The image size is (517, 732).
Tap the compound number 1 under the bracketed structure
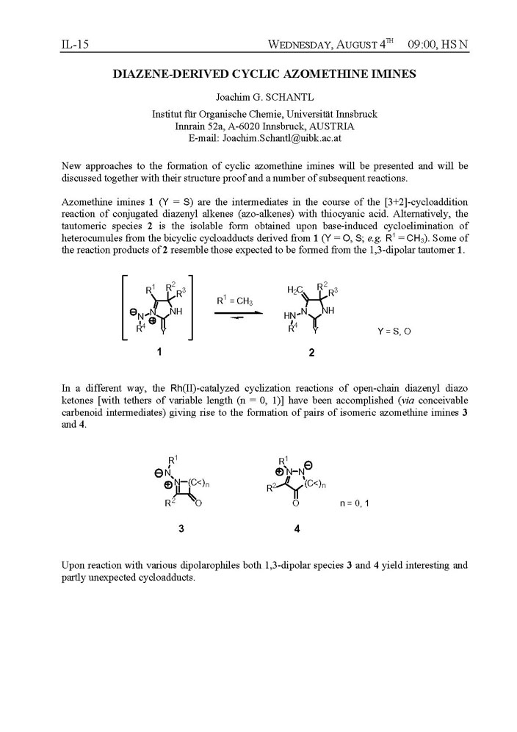pyautogui.click(x=159, y=351)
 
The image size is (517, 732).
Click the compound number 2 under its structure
pyautogui.click(x=311, y=352)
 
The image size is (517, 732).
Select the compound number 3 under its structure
pyautogui.click(x=181, y=528)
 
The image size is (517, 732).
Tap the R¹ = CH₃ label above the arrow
pyautogui.click(x=235, y=301)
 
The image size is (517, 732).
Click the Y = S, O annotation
pyautogui.click(x=394, y=331)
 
